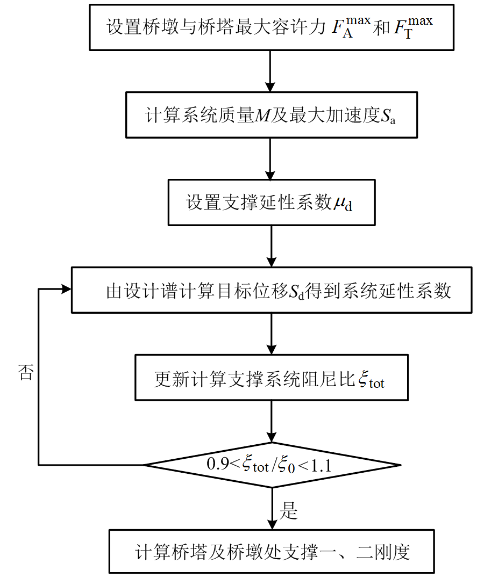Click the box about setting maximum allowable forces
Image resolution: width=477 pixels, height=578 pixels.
(x=271, y=27)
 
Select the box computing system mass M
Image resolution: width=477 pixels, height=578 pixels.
(x=271, y=114)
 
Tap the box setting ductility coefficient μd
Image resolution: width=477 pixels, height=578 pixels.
(x=271, y=203)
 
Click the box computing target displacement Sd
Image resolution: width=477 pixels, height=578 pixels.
(x=271, y=290)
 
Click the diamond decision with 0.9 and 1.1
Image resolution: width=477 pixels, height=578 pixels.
(x=271, y=465)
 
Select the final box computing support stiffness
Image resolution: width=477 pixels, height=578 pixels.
(x=271, y=552)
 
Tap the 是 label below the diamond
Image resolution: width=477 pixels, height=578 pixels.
(x=289, y=510)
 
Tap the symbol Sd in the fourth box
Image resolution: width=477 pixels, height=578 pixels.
(x=296, y=292)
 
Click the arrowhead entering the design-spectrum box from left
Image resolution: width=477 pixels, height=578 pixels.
(x=66, y=290)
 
